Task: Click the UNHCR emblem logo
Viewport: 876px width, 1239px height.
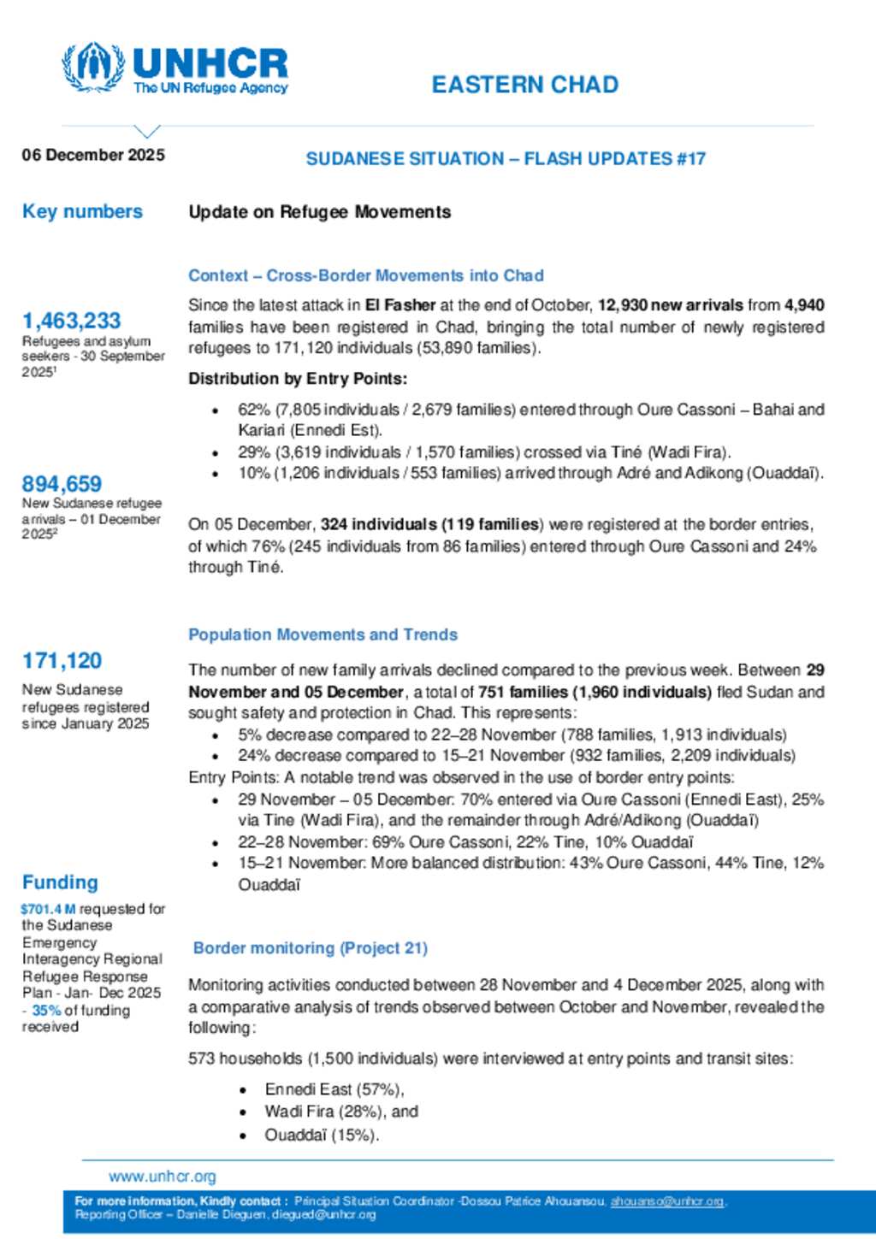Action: [92, 67]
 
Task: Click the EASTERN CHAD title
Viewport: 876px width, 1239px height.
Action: [524, 85]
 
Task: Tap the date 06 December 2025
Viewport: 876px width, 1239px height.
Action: [93, 155]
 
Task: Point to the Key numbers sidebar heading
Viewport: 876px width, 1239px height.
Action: [82, 211]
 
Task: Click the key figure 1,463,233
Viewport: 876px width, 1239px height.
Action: [71, 321]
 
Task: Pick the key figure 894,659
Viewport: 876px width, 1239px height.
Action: [62, 483]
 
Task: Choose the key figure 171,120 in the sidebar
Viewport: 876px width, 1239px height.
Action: [62, 660]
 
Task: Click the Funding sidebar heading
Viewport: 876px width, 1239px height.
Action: [60, 882]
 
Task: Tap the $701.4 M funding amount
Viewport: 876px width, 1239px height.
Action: [48, 909]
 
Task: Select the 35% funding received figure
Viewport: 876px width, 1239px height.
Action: [46, 1010]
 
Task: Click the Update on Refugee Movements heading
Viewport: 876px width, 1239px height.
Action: [319, 212]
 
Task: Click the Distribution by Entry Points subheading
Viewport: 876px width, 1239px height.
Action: [298, 379]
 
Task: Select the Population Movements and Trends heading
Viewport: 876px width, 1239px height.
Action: [323, 634]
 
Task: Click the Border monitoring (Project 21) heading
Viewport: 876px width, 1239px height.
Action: [310, 947]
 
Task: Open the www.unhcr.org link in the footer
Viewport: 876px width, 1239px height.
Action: [163, 1177]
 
